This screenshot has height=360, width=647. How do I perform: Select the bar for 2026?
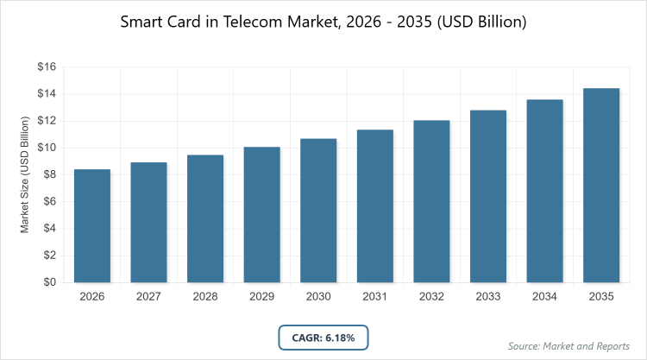tap(92, 225)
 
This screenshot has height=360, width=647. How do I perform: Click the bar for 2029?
tap(262, 214)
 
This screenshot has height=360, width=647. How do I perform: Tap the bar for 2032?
tap(432, 201)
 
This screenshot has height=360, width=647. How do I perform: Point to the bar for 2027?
tap(149, 222)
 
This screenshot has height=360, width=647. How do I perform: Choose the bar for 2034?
tap(545, 191)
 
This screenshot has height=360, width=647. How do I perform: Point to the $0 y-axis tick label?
tap(48, 282)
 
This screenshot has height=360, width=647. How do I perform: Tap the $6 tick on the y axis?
tap(48, 201)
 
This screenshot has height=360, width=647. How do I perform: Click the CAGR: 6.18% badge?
tap(323, 337)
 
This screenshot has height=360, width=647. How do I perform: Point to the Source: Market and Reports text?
tap(569, 346)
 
